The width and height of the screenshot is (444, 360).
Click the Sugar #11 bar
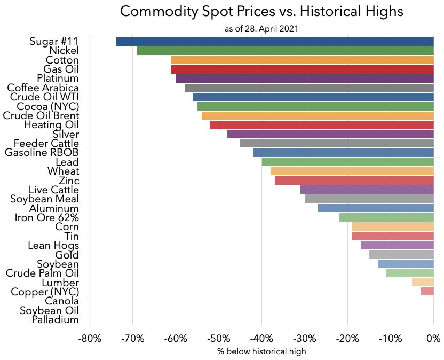[x=274, y=42]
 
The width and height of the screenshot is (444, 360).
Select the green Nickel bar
[x=285, y=51]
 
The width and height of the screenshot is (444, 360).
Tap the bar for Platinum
[x=304, y=79]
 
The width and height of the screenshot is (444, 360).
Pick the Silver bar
[x=330, y=134]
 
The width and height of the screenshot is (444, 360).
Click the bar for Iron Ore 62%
[x=386, y=217]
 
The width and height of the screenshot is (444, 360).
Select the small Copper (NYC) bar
[x=427, y=292]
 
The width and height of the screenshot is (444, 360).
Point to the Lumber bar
[x=422, y=283]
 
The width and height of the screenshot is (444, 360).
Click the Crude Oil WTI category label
[x=45, y=97]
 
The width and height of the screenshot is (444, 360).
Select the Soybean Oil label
[x=50, y=310]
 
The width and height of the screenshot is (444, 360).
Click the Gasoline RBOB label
[x=42, y=153]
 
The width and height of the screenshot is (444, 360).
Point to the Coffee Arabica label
[x=43, y=88]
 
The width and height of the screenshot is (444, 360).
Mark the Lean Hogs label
[x=53, y=245]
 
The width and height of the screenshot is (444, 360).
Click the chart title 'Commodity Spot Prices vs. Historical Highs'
[x=261, y=12]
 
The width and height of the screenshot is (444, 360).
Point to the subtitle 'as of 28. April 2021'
[x=261, y=28]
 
